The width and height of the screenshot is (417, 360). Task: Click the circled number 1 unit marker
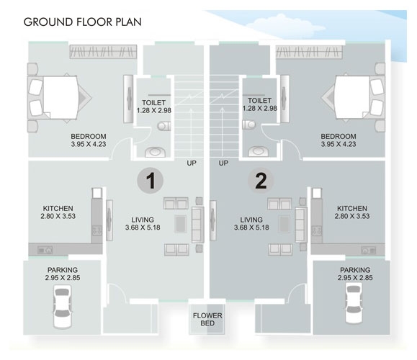click(151, 181)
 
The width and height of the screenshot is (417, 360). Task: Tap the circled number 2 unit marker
click(261, 181)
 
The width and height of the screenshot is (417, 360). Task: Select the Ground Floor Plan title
click(82, 22)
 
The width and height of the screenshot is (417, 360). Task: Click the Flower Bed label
click(207, 320)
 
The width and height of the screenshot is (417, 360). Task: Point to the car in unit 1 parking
click(63, 306)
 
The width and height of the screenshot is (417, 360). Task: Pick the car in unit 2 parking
click(354, 304)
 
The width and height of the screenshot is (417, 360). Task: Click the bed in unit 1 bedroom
click(59, 98)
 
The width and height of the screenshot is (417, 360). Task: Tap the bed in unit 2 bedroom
click(353, 97)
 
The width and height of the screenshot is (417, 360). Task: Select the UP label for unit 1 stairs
click(192, 163)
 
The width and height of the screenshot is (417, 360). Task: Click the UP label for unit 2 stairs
click(223, 163)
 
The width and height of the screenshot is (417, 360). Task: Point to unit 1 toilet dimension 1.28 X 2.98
click(153, 110)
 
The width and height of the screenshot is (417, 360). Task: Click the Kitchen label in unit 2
click(352, 208)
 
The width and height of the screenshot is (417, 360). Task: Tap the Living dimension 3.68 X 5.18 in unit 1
click(143, 228)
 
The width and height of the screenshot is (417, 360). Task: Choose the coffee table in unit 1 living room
click(181, 224)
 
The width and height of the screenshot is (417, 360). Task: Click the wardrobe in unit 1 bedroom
click(103, 52)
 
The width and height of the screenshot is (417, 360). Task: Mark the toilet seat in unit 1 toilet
click(163, 126)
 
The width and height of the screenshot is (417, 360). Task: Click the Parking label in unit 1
click(63, 270)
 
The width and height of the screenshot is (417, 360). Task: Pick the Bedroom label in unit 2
click(338, 136)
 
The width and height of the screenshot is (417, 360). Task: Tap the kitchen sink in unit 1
click(45, 250)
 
